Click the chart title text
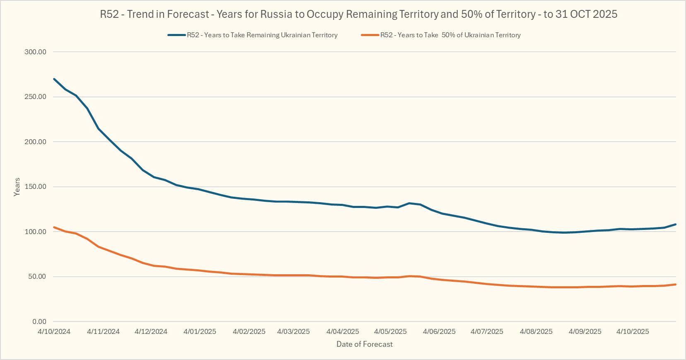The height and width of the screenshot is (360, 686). [x=358, y=14]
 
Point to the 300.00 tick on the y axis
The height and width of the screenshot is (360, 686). [x=36, y=52]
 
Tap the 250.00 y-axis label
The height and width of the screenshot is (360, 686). [x=36, y=97]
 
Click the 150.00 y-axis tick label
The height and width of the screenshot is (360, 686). [x=36, y=187]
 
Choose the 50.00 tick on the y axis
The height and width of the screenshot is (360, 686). [x=37, y=277]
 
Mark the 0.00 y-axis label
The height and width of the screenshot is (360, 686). [x=39, y=321]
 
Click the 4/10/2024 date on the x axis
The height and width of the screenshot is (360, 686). [x=54, y=331]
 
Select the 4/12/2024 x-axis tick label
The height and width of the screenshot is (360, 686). [x=151, y=331]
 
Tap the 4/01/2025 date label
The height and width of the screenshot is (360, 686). [x=200, y=331]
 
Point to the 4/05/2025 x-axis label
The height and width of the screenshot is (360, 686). [x=390, y=331]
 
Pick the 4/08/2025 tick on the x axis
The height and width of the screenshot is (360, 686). [x=536, y=331]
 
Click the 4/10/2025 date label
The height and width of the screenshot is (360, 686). [x=633, y=331]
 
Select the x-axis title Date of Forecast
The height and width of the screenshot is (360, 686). [x=365, y=344]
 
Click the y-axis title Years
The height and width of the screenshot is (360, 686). [x=17, y=187]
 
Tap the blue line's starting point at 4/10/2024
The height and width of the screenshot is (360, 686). [x=54, y=79]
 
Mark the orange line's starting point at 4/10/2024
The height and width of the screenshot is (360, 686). [x=54, y=227]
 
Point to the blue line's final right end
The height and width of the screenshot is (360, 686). [x=676, y=224]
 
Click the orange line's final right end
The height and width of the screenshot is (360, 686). [x=676, y=284]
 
